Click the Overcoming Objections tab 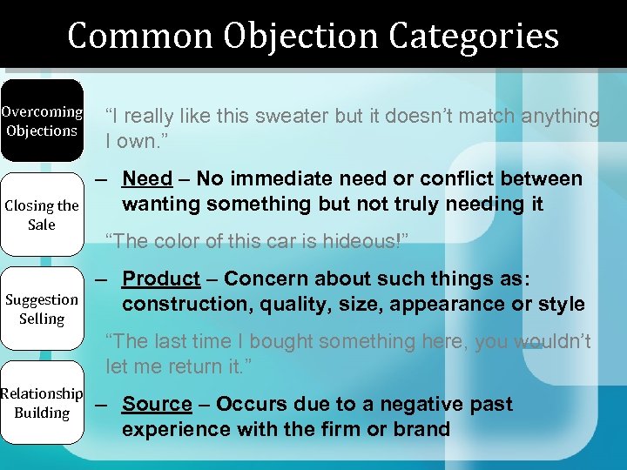click(42, 121)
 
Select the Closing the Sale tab click(42, 214)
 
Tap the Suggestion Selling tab click(42, 308)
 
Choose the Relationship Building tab click(42, 403)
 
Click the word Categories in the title click(474, 36)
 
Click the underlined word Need click(147, 178)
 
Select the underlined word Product click(161, 279)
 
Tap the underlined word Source click(157, 404)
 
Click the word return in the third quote click(197, 366)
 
